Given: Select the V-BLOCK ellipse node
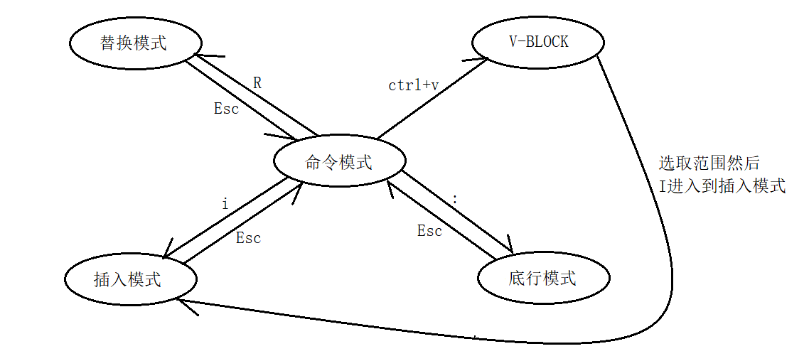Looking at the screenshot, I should (x=538, y=42).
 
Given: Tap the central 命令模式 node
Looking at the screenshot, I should (x=339, y=162).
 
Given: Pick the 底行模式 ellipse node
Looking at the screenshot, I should (x=542, y=279).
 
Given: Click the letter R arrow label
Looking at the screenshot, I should (x=257, y=83).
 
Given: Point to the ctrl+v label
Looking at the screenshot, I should (x=413, y=85).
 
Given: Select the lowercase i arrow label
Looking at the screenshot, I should (x=225, y=205).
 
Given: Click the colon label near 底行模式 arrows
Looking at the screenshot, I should (x=454, y=200).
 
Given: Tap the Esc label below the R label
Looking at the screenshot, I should (x=226, y=109).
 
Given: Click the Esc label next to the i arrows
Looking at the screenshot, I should (x=248, y=238).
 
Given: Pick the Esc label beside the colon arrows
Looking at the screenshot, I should (x=429, y=231).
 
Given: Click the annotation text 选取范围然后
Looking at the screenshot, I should (x=709, y=163).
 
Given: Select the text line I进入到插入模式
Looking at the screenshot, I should (x=722, y=186).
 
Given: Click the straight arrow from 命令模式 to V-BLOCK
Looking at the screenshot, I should (x=430, y=99).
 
